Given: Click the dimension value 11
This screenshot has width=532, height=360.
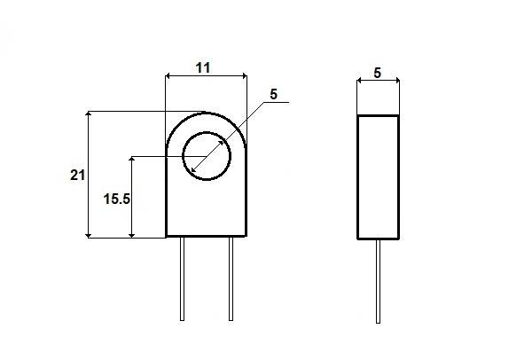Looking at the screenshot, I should pyautogui.click(x=203, y=67).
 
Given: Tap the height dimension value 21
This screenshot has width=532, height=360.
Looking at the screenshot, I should pyautogui.click(x=77, y=176).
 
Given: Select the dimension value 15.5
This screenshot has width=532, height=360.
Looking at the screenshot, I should pyautogui.click(x=117, y=200).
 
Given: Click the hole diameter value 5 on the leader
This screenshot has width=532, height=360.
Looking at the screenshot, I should pyautogui.click(x=273, y=94).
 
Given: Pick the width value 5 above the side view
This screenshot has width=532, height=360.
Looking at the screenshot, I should pyautogui.click(x=378, y=73).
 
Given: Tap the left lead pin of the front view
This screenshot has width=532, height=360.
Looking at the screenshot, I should pyautogui.click(x=182, y=278).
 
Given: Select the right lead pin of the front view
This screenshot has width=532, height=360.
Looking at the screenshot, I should pyautogui.click(x=231, y=278).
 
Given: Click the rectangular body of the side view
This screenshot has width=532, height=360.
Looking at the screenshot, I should pyautogui.click(x=378, y=177).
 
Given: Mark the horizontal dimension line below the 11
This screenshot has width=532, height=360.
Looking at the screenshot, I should pyautogui.click(x=206, y=78).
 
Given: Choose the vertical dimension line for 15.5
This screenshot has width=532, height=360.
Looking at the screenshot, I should pyautogui.click(x=132, y=197).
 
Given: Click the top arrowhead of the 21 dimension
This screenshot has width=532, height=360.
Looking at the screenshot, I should pyautogui.click(x=89, y=116).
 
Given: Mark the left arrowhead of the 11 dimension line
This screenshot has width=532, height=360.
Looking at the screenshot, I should pyautogui.click(x=170, y=78).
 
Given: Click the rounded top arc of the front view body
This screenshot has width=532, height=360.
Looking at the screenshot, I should pyautogui.click(x=206, y=113).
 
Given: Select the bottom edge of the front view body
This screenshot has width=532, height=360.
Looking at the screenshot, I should pyautogui.click(x=206, y=237).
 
